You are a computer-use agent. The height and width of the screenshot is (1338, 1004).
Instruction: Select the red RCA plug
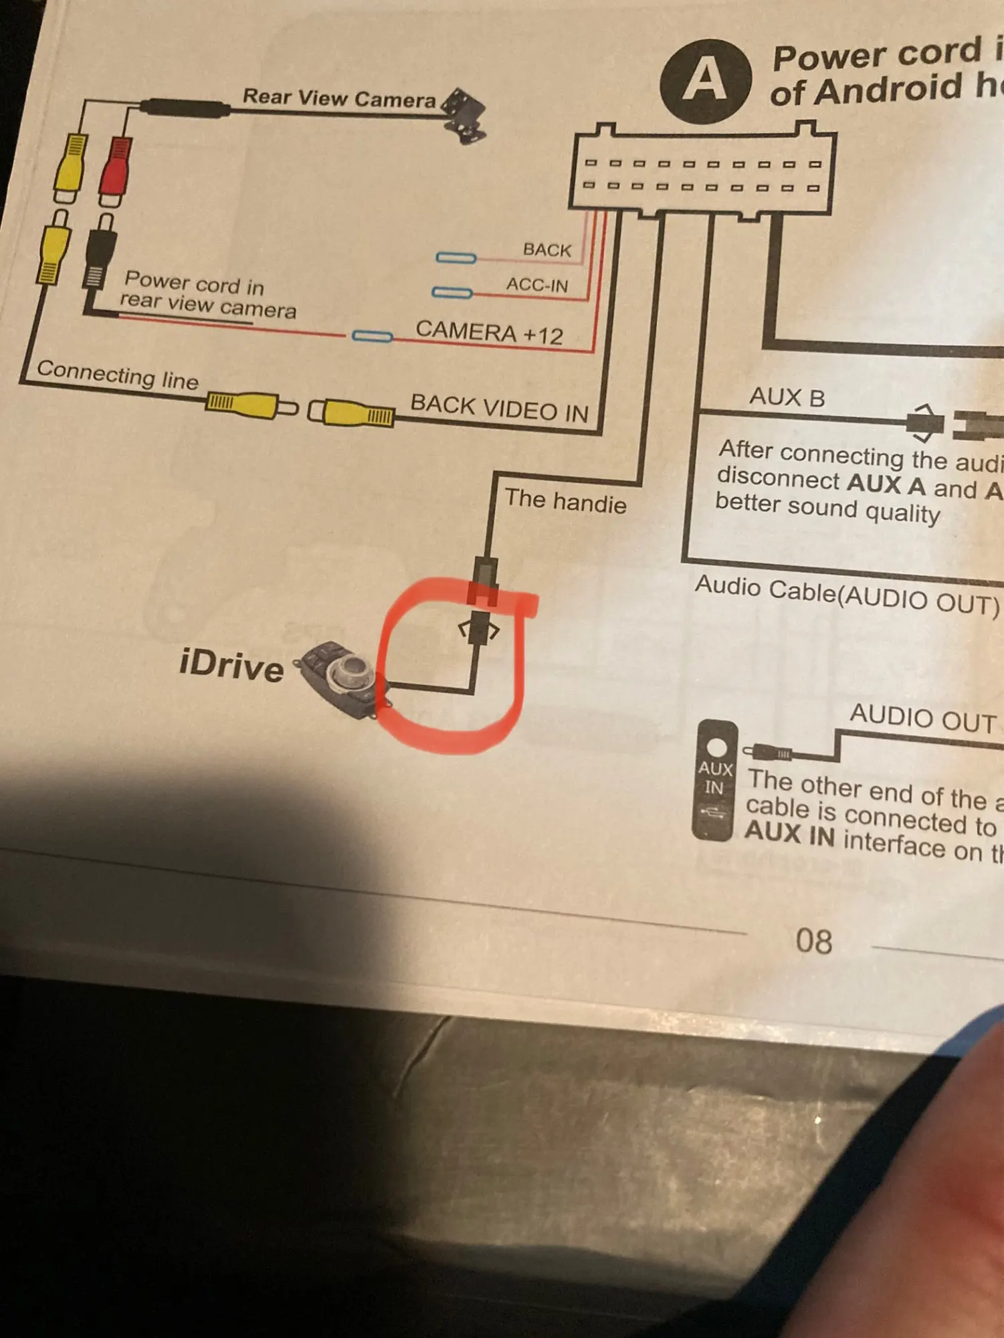[114, 170]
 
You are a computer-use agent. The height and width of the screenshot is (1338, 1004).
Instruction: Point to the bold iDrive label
[231, 666]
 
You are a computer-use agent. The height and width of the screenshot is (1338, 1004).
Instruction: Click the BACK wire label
[547, 250]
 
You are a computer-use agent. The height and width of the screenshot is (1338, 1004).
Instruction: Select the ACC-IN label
[536, 285]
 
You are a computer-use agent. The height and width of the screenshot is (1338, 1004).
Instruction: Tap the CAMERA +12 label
[489, 332]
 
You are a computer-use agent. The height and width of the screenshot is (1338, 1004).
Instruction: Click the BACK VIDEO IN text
[499, 407]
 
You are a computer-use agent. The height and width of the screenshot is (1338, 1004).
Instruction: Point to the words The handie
[565, 501]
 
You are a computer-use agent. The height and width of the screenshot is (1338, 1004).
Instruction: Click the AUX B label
[787, 397]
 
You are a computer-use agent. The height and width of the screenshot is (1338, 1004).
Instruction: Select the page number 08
[813, 941]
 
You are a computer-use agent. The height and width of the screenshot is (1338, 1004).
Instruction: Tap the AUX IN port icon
[714, 780]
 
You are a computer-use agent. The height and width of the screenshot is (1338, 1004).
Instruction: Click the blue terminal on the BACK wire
[456, 258]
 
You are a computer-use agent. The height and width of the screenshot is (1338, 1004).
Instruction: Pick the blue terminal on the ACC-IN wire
[452, 292]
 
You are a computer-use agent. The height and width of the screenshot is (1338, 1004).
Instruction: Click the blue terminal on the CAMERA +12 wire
[372, 336]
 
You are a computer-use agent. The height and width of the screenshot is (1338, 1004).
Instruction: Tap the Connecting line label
[118, 374]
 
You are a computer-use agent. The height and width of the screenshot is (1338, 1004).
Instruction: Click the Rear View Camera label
[338, 98]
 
